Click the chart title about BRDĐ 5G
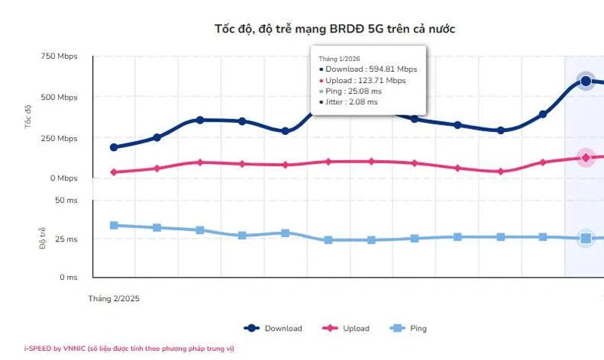click(x=335, y=29)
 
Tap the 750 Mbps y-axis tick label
click(x=59, y=57)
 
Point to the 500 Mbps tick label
click(x=59, y=97)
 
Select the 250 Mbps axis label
click(x=59, y=139)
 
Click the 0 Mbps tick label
click(x=63, y=179)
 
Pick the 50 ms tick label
click(x=66, y=200)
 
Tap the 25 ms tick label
click(x=66, y=239)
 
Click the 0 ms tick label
click(x=68, y=277)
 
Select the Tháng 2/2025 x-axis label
click(x=114, y=298)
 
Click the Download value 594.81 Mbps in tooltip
click(x=371, y=69)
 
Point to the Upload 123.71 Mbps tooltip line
click(x=365, y=80)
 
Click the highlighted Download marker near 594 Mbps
click(x=585, y=81)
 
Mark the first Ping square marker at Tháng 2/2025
click(x=114, y=225)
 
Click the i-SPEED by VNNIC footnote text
click(x=134, y=349)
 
